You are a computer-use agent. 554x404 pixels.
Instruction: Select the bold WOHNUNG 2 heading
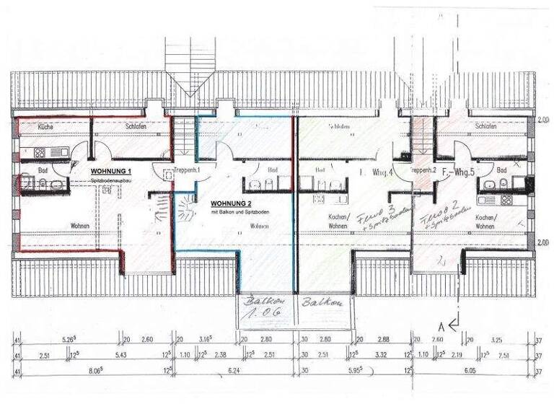click(x=229, y=204)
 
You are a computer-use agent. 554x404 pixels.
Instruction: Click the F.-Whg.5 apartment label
click(x=457, y=172)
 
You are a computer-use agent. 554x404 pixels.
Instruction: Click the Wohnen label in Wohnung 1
click(x=80, y=226)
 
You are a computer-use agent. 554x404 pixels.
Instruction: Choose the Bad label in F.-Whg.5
click(x=501, y=170)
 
